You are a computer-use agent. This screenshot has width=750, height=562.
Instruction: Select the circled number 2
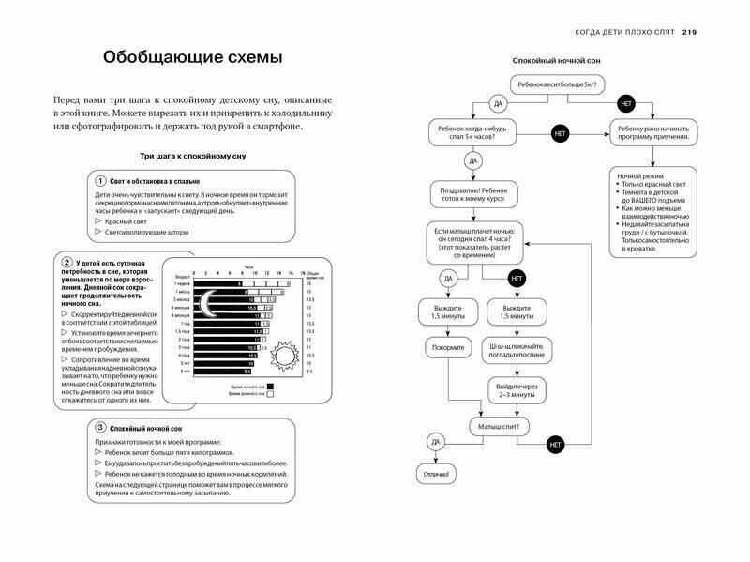67,261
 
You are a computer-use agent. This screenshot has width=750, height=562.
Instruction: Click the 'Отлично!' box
435,476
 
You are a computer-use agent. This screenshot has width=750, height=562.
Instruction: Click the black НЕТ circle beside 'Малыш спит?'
556,441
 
